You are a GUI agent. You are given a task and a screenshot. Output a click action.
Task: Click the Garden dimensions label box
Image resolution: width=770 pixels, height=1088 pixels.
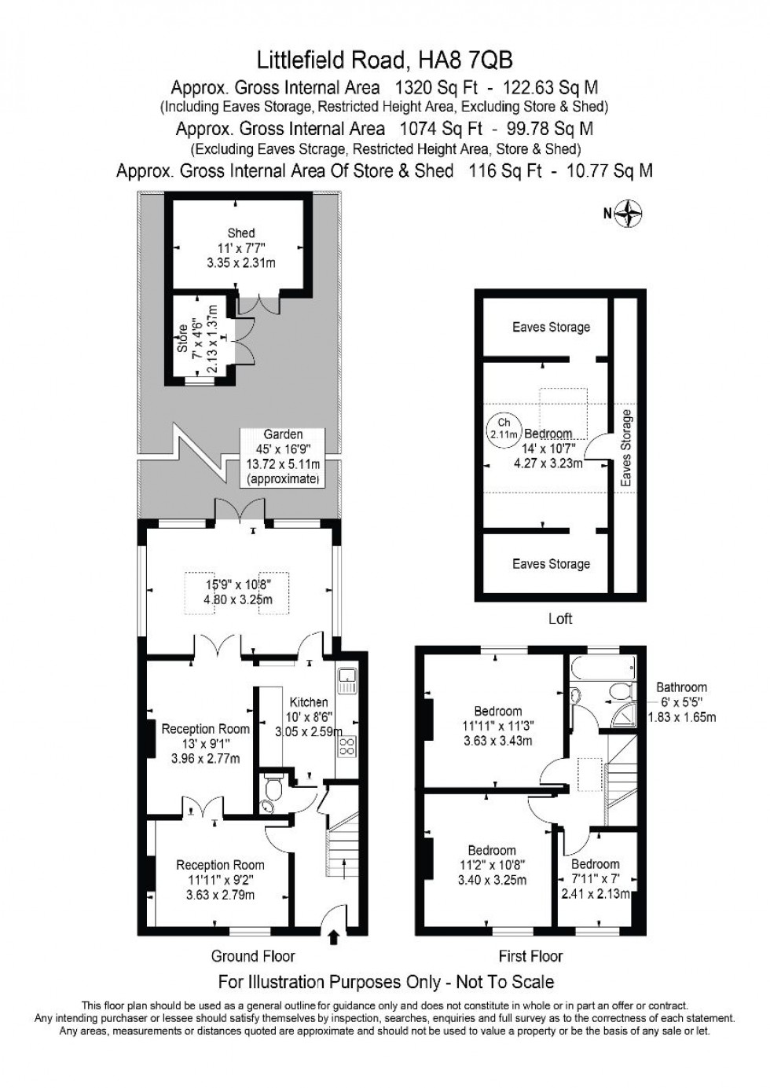coord(284,456)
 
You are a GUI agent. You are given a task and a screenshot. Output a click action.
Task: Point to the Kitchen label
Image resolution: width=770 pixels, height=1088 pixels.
coord(308,702)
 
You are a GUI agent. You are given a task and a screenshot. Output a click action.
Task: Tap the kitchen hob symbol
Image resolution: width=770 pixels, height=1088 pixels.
coord(346,746)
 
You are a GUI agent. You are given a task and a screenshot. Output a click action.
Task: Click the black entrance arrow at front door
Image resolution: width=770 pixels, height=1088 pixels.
coord(333,936)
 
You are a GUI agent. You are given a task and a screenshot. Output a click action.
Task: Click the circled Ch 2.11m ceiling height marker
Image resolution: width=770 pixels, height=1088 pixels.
coord(504,428)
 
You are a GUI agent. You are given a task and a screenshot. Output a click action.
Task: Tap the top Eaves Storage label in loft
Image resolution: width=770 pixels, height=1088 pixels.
coord(551,327)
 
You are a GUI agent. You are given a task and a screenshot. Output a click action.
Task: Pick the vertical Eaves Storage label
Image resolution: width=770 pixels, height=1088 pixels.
coord(626,447)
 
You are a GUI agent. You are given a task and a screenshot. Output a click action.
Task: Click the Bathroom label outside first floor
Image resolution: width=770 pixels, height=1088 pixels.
coord(682,687)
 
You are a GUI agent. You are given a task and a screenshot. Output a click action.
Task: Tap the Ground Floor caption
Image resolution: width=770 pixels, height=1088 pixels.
coord(253,956)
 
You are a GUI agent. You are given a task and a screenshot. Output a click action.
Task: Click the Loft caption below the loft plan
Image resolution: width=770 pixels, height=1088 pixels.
coord(560,618)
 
